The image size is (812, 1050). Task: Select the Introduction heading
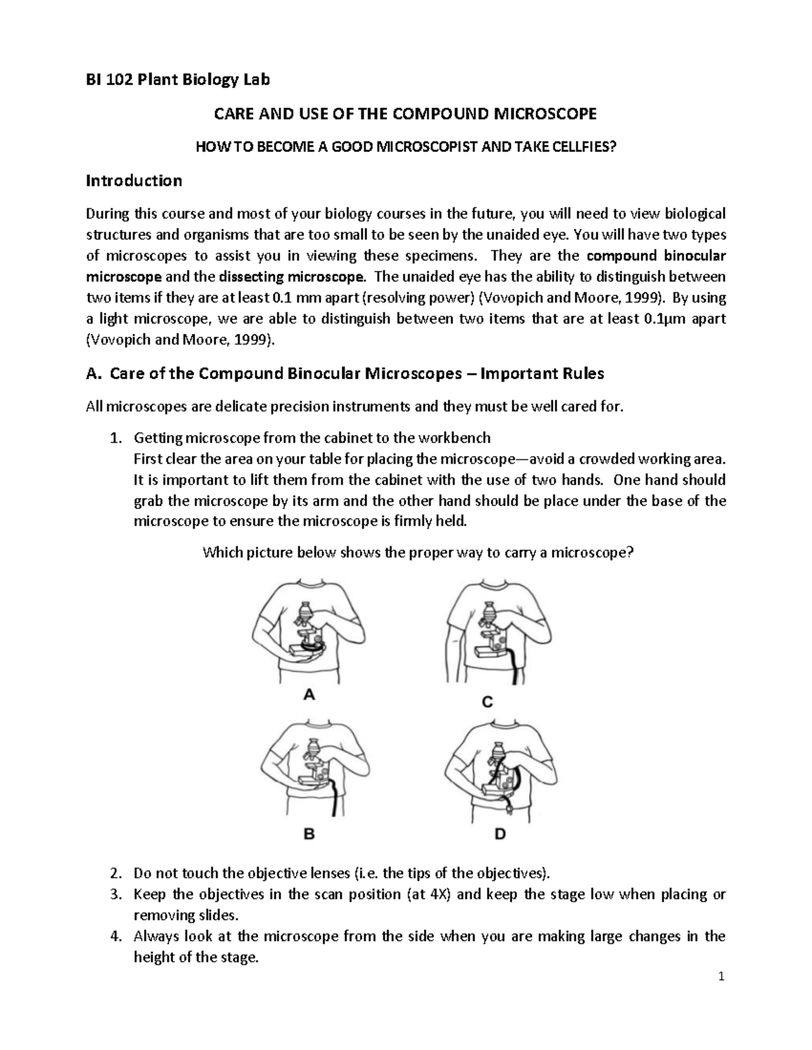pos(133,181)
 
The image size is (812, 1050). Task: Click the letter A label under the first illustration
pos(309,694)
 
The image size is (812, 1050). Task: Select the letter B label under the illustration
pos(309,834)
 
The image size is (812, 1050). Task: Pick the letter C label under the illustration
pos(487,702)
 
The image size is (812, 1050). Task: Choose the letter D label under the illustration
pos(499,834)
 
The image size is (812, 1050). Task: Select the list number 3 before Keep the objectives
pos(114,894)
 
